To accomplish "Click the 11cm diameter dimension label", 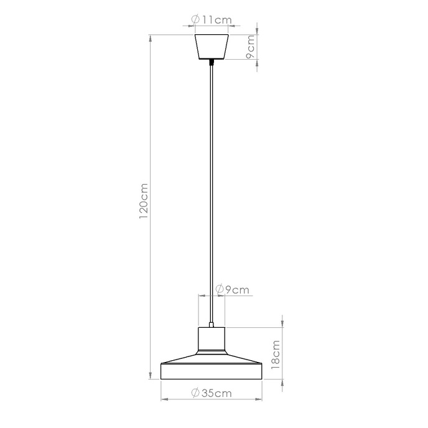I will [212, 20].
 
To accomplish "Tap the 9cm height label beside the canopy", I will [250, 47].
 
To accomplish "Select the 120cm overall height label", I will [144, 202].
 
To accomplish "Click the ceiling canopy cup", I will [212, 46].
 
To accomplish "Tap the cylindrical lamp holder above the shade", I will [212, 340].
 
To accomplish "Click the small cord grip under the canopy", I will [212, 62].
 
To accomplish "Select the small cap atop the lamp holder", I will [212, 324].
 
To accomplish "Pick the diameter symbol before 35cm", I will [195, 393].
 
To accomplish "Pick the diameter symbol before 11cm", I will [196, 20].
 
